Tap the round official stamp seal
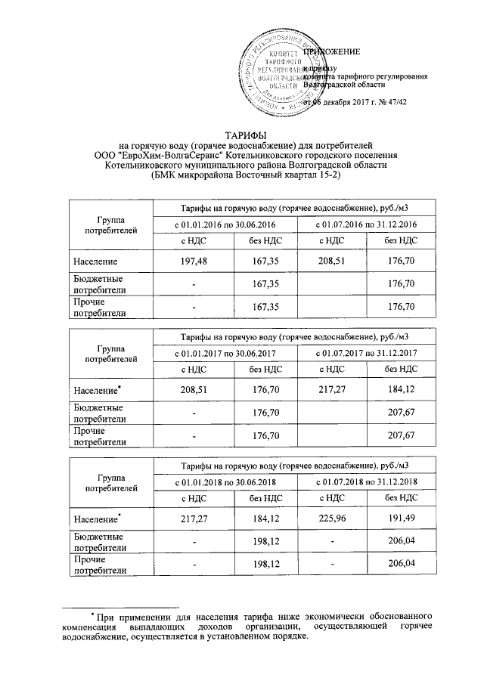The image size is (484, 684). (279, 76)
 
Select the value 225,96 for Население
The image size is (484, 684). (333, 519)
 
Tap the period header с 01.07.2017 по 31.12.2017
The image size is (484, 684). (367, 354)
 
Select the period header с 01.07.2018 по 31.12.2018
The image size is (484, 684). (367, 482)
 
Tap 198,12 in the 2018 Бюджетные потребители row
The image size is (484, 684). (262, 542)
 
